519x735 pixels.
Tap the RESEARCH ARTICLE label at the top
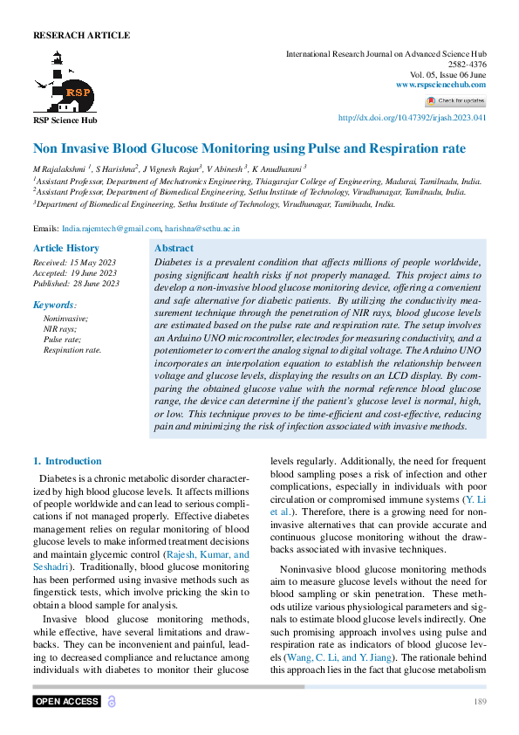[81, 36]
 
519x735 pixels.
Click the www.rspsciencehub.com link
[440, 84]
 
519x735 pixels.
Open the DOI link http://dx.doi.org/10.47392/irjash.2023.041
[412, 118]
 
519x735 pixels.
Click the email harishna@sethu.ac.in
[202, 228]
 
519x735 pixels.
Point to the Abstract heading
[174, 249]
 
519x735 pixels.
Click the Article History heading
[65, 249]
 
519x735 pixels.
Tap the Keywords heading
[54, 305]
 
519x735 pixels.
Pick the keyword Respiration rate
[72, 350]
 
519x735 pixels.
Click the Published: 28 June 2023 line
[76, 284]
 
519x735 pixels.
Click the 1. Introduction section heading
[67, 461]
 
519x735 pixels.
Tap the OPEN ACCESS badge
[67, 702]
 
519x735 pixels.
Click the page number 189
[480, 703]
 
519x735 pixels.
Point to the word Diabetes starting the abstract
[171, 263]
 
